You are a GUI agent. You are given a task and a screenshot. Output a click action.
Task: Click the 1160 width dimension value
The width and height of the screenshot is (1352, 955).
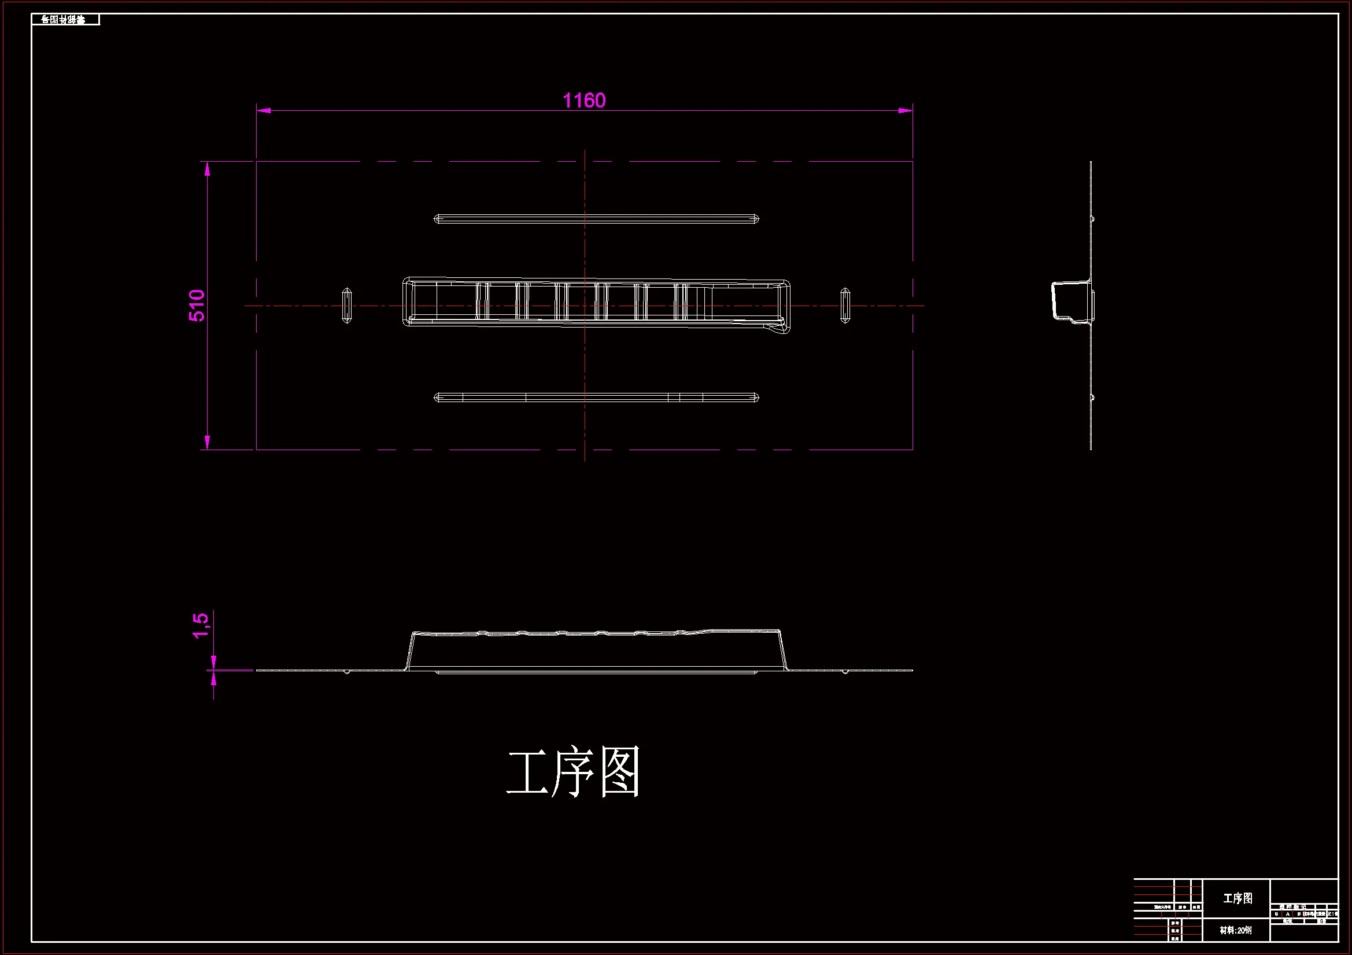(583, 101)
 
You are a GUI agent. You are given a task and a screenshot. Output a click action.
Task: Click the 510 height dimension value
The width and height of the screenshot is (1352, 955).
(197, 306)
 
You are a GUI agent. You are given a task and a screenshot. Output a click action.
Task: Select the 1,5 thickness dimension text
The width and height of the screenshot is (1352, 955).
(200, 626)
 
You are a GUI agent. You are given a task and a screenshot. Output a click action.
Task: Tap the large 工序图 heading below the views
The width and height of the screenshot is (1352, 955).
(573, 772)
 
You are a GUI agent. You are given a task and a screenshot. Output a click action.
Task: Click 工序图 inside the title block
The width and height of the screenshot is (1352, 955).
(1238, 898)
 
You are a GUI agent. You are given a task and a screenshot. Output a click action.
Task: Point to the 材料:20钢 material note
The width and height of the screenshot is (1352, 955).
(1235, 930)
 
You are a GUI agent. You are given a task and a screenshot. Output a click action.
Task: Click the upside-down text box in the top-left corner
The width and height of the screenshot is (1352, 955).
(65, 20)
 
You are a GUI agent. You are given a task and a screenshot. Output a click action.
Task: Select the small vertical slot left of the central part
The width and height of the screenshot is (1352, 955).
(347, 306)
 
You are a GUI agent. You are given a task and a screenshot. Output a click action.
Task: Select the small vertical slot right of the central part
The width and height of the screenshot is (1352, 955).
(845, 306)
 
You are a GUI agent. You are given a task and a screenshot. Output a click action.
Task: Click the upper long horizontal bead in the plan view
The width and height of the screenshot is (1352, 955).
(596, 219)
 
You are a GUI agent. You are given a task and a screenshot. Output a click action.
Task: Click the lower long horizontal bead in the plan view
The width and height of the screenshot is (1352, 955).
(596, 397)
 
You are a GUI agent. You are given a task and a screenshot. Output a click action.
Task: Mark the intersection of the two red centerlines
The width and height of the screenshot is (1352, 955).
(585, 306)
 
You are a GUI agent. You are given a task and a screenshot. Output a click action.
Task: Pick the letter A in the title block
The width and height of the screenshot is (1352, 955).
(1288, 914)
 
